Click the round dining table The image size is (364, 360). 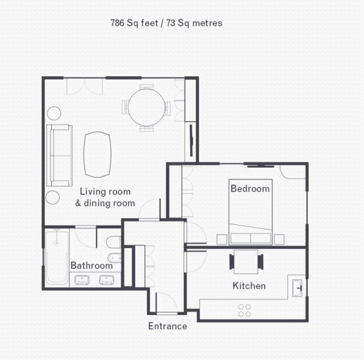147,107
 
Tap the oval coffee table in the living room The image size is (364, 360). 97,155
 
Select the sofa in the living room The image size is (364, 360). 59,155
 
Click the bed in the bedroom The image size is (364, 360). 250,212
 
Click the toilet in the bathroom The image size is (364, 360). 114,242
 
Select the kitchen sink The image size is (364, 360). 297,288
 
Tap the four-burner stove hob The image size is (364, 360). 245,310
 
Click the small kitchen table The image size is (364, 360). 246,262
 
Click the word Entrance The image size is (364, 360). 168,326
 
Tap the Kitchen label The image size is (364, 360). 249,286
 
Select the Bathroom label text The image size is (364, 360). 92,265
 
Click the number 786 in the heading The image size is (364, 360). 117,23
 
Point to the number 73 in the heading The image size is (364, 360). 171,23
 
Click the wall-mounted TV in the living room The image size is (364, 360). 192,140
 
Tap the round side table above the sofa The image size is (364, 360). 54,113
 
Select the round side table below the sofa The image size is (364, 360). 52,197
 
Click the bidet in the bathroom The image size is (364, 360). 114,258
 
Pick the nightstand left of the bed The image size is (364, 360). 222,239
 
